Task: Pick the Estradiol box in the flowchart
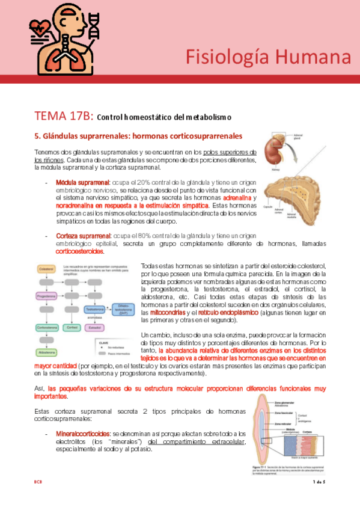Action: [94, 328]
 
